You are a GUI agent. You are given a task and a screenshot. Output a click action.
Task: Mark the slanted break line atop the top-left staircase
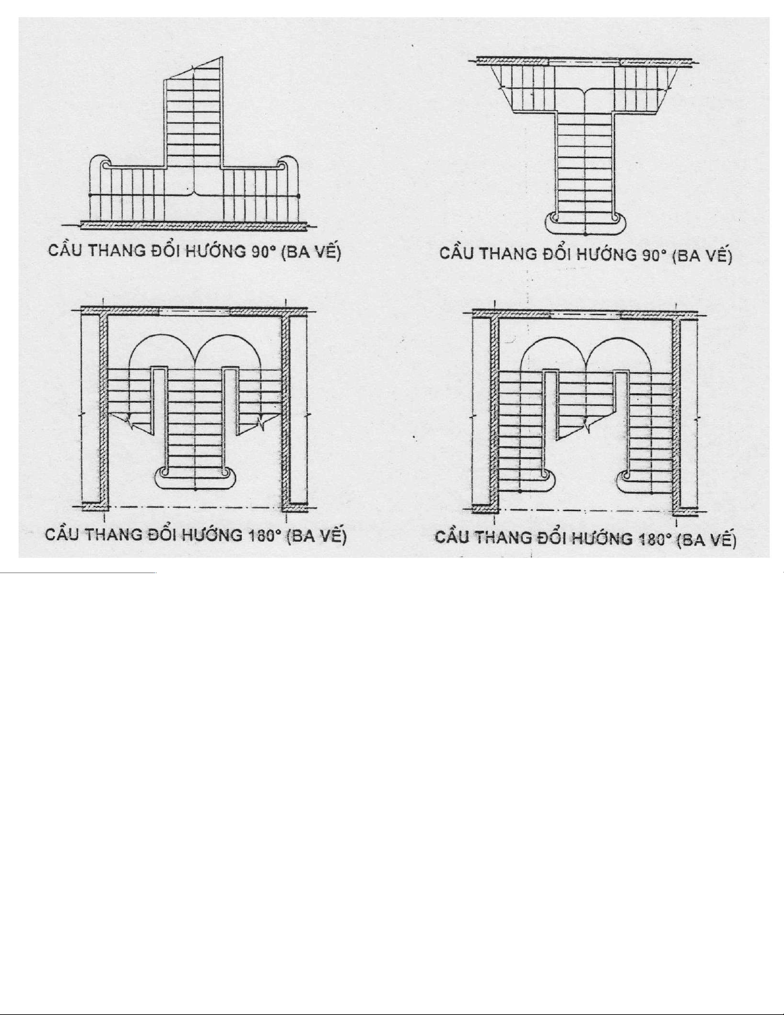click(x=193, y=69)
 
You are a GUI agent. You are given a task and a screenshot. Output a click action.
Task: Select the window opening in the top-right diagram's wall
click(x=585, y=62)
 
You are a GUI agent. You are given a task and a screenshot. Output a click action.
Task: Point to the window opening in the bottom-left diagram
click(x=194, y=312)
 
